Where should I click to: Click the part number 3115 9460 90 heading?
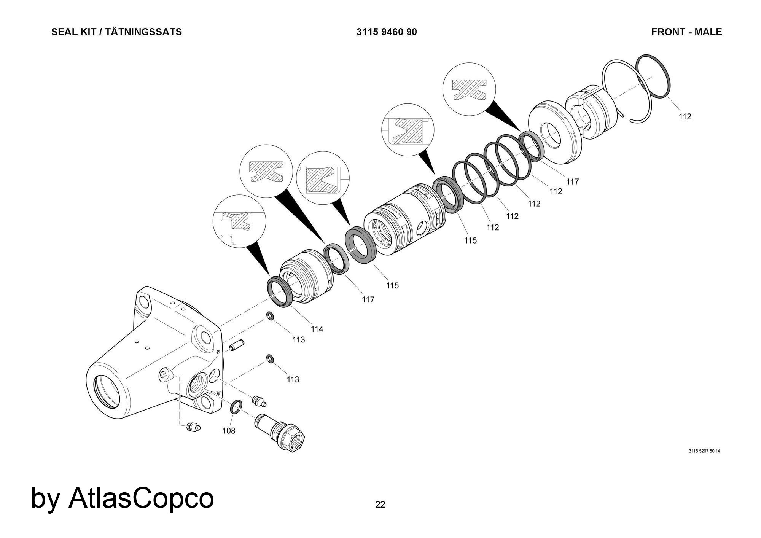387,32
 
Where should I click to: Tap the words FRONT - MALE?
686,32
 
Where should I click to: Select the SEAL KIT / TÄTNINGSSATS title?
116,32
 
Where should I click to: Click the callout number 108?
229,431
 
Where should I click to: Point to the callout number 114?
317,329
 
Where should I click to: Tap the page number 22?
380,505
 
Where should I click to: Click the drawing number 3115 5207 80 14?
704,451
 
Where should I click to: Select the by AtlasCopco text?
123,498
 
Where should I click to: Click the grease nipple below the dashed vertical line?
193,428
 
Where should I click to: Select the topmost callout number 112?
685,117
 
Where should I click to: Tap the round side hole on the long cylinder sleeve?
423,229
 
